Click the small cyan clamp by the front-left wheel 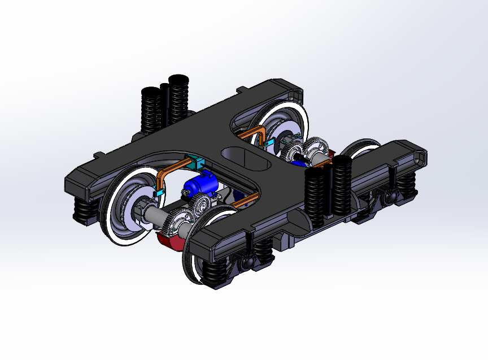click(159, 193)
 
